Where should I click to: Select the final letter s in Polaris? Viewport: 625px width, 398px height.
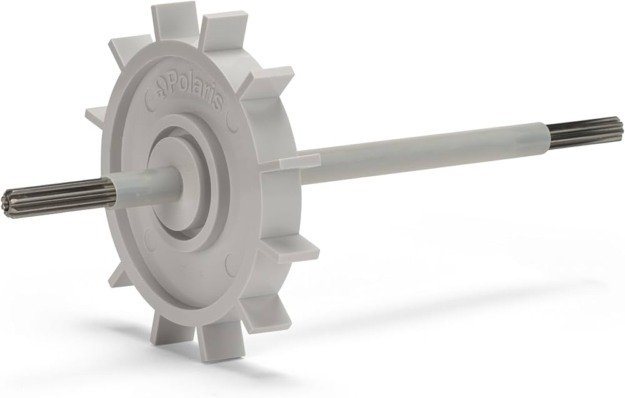[217, 103]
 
